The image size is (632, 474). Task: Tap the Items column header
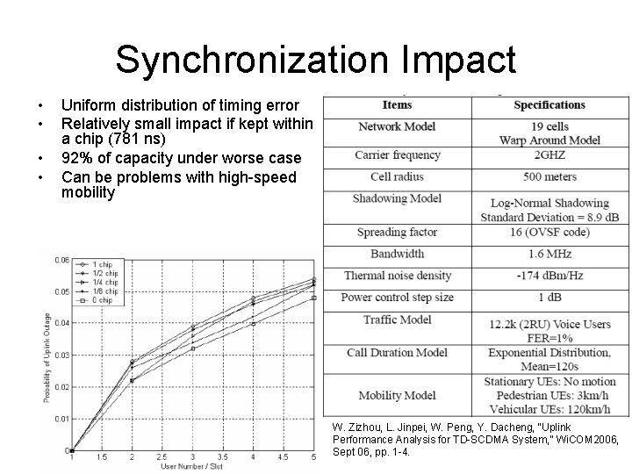(x=397, y=105)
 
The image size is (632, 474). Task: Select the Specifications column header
(x=549, y=105)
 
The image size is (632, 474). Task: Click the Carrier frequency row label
(x=398, y=155)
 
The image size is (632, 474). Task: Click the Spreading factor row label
(x=398, y=233)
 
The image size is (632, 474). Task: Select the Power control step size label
(x=398, y=298)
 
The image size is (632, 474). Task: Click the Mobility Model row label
(x=398, y=396)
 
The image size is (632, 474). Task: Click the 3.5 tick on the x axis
(x=222, y=457)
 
